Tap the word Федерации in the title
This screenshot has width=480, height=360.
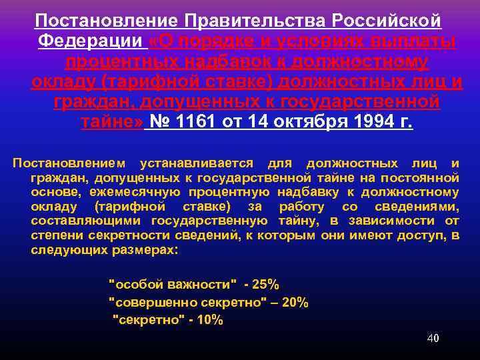pyautogui.click(x=90, y=41)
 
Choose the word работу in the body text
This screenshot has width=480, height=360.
pyautogui.click(x=307, y=207)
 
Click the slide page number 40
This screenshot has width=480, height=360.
pyautogui.click(x=433, y=338)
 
